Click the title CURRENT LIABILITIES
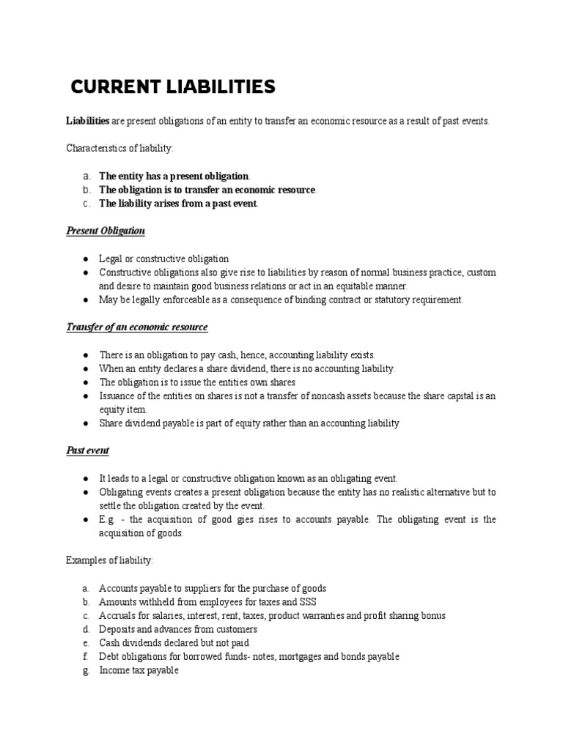[x=173, y=88]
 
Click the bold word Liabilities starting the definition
[x=88, y=121]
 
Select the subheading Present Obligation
[x=106, y=231]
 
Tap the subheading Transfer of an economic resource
[x=137, y=327]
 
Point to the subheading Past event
[x=88, y=450]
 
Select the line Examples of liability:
[x=110, y=560]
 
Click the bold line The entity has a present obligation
[x=174, y=177]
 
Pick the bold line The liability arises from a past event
[x=179, y=204]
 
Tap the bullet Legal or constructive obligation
[x=164, y=259]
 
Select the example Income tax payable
[x=139, y=671]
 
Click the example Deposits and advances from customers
[x=178, y=629]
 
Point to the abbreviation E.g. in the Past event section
[x=107, y=519]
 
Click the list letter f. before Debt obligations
[x=85, y=657]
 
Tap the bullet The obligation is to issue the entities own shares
[x=197, y=382]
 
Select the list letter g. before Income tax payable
[x=85, y=671]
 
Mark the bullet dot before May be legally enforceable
[x=86, y=300]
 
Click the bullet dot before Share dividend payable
[x=86, y=423]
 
